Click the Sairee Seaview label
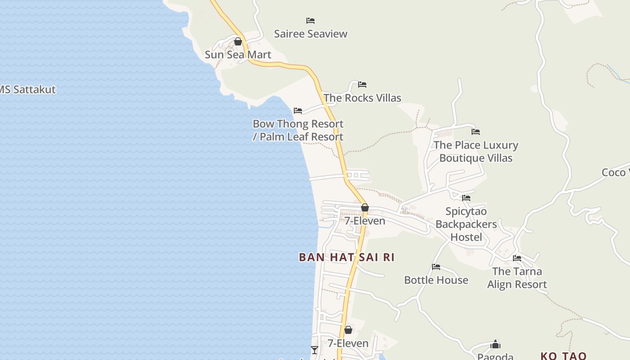310,34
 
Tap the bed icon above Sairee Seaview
310,21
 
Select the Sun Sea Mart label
238,55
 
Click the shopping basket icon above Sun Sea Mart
238,42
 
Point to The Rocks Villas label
362,98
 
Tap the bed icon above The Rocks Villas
362,85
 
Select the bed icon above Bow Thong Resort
298,111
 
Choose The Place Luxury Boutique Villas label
476,152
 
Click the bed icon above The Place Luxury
476,132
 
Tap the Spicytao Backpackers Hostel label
466,224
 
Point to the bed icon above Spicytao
466,198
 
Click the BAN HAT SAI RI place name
346,257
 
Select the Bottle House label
436,280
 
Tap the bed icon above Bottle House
436,267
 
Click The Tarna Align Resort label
517,278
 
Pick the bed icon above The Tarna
517,258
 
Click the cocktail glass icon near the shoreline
315,350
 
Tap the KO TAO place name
563,356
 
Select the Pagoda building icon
495,345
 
